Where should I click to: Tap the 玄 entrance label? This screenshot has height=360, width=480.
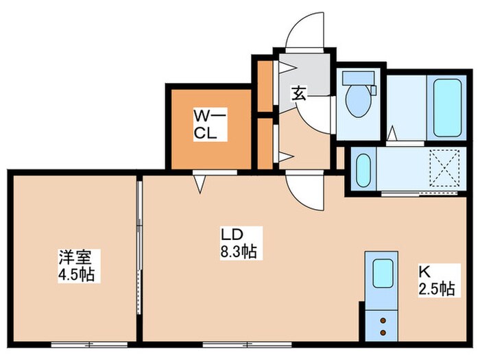pos(299,94)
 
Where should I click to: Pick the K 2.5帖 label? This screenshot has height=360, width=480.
pos(436,280)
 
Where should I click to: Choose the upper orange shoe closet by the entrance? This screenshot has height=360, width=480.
pos(265,86)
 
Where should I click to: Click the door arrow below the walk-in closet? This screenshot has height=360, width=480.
pos(200,182)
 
